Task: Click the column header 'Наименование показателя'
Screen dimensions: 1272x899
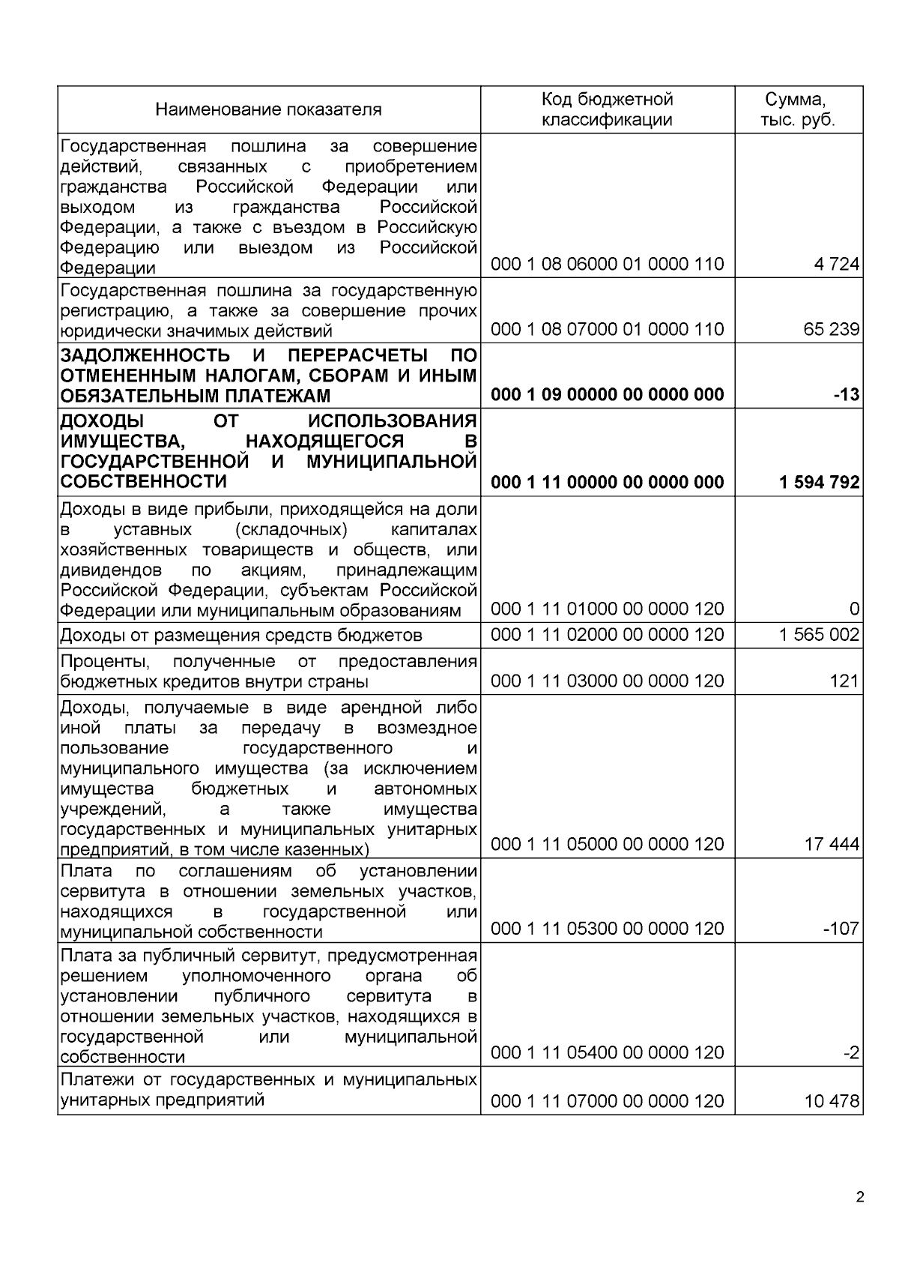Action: (268, 109)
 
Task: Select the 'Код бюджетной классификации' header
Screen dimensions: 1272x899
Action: (607, 109)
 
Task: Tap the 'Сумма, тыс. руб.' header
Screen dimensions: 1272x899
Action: (797, 109)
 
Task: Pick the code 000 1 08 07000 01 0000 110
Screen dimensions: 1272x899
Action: (607, 329)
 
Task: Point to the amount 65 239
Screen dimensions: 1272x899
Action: (831, 329)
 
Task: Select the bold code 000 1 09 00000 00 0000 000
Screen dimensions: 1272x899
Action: (607, 394)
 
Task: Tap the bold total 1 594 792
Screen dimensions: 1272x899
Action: (819, 482)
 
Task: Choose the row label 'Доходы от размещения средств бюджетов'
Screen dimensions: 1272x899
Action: (240, 636)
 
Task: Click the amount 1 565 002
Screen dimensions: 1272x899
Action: (819, 635)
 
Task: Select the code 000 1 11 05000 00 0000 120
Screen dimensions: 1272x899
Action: (607, 844)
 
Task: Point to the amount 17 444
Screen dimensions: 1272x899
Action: (831, 845)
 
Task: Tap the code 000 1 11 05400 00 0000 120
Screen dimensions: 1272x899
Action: (607, 1052)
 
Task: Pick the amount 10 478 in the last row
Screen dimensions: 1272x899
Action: (831, 1101)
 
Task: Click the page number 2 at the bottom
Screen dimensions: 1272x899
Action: (859, 1197)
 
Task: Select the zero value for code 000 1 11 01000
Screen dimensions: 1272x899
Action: (854, 609)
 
